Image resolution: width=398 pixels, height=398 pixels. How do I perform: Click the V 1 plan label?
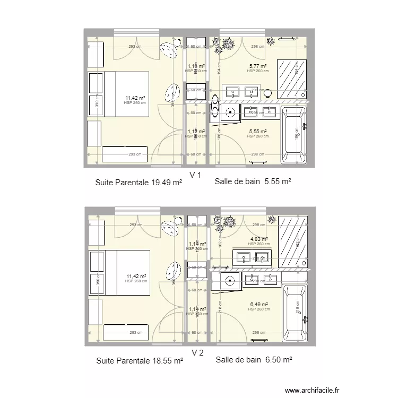pyautogui.click(x=196, y=175)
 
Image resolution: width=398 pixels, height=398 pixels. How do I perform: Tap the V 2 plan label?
pyautogui.click(x=197, y=353)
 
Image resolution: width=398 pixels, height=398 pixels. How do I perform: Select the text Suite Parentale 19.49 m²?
pyautogui.click(x=139, y=183)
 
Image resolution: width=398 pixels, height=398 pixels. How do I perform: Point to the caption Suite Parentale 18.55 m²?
pyautogui.click(x=139, y=361)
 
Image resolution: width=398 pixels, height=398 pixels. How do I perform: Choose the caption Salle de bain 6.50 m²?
pyautogui.click(x=254, y=360)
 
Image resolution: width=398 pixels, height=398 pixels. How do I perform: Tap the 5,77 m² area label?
pyautogui.click(x=258, y=66)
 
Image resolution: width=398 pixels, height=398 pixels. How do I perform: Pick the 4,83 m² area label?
pyautogui.click(x=259, y=240)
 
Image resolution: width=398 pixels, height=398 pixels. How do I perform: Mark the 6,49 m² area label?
pyautogui.click(x=259, y=305)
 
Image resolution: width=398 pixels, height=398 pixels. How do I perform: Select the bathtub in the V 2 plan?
pyautogui.click(x=294, y=313)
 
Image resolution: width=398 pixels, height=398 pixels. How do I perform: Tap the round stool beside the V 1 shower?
pyautogui.click(x=268, y=93)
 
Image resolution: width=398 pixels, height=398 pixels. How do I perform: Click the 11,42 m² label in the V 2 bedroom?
pyautogui.click(x=136, y=276)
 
